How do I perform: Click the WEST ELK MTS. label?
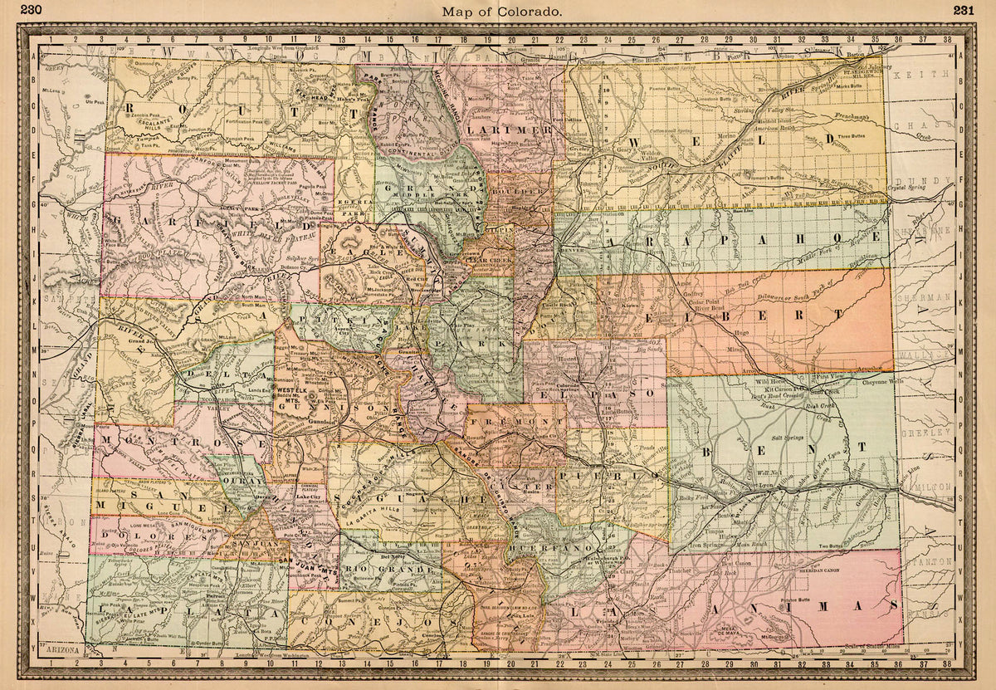(x=296, y=393)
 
